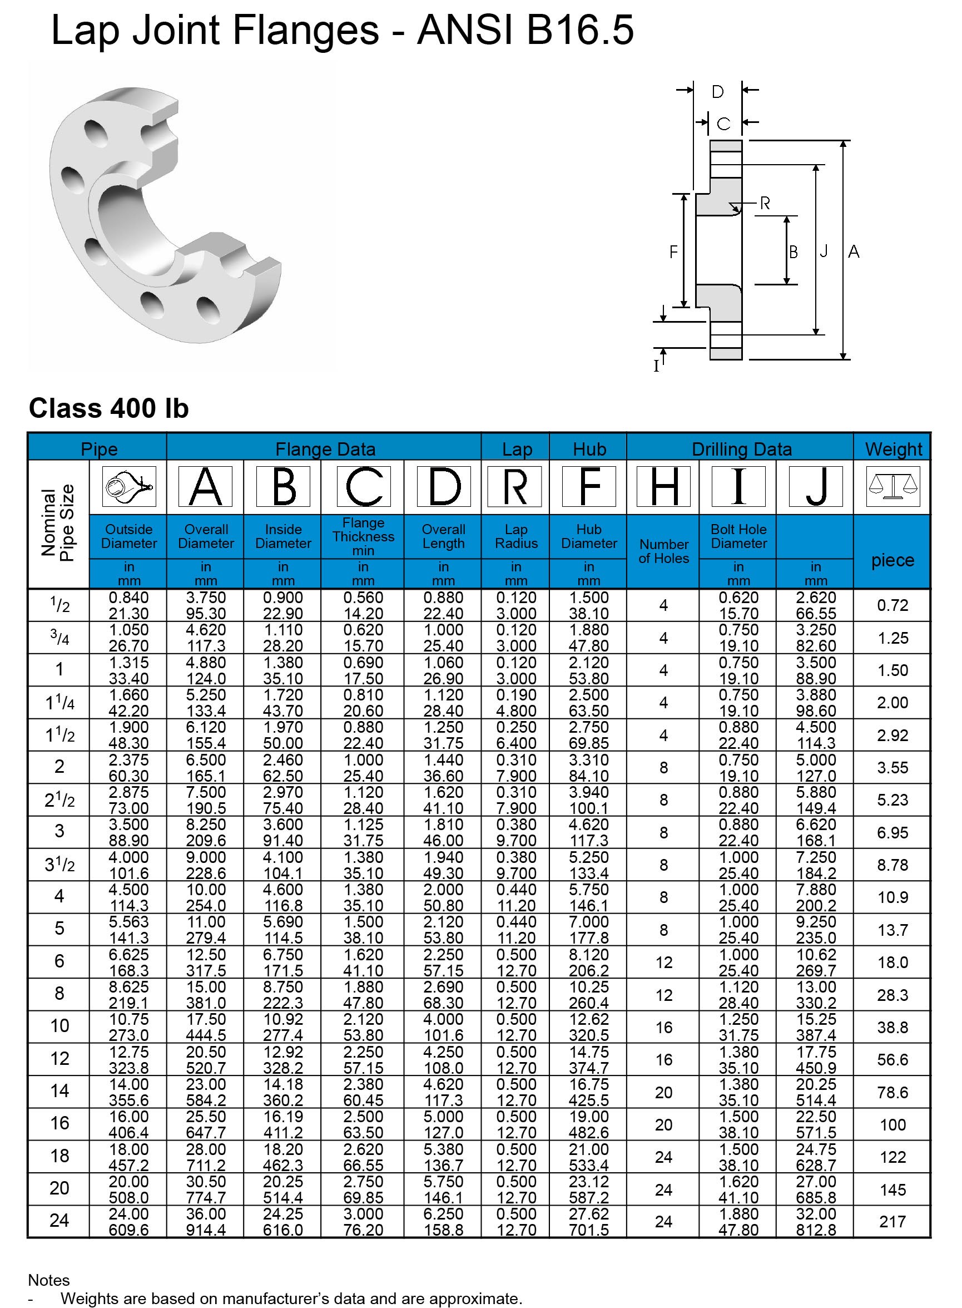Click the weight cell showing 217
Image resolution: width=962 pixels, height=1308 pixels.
coord(892,1222)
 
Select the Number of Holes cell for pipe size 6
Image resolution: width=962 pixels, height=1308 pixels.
coord(663,963)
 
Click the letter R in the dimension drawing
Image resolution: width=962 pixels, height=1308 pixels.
coord(765,203)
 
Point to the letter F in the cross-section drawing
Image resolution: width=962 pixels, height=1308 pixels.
coord(673,251)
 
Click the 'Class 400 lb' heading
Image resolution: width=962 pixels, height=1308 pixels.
coord(109,408)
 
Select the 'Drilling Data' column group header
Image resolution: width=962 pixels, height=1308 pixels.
coord(741,449)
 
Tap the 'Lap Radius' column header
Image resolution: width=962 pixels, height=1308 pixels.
coord(516,536)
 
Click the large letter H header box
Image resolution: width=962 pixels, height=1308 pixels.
coord(663,486)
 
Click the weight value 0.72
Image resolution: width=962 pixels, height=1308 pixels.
coord(892,605)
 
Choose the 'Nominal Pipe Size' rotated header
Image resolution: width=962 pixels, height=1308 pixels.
coord(58,522)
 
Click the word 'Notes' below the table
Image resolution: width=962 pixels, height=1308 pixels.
coord(49,1280)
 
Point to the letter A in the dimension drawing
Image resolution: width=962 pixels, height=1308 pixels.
coord(854,251)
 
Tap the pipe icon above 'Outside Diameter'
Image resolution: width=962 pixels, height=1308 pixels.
coord(128,486)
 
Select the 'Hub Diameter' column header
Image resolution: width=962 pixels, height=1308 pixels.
coord(589,536)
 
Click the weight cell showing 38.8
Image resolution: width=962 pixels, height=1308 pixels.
coord(892,1027)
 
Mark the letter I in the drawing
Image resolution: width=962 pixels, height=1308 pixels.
coord(657,366)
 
